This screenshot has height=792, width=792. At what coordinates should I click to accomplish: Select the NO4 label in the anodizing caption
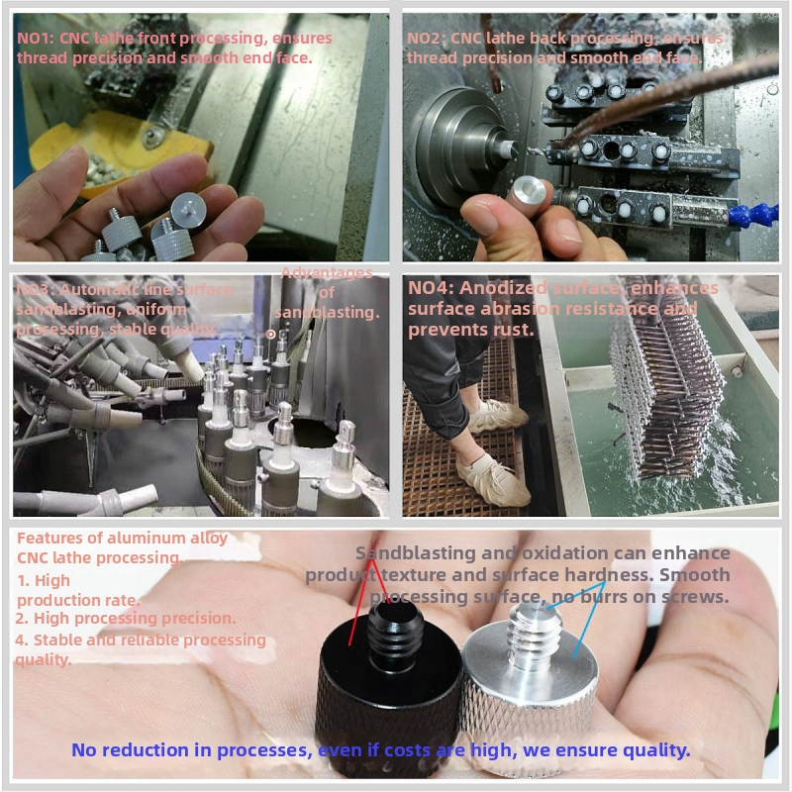tap(428, 288)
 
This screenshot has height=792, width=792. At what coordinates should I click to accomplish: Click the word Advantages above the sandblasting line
tap(327, 273)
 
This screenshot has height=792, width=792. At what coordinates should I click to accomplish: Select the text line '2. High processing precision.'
tap(127, 618)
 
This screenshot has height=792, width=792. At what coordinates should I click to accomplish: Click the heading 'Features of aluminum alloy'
tap(122, 539)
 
